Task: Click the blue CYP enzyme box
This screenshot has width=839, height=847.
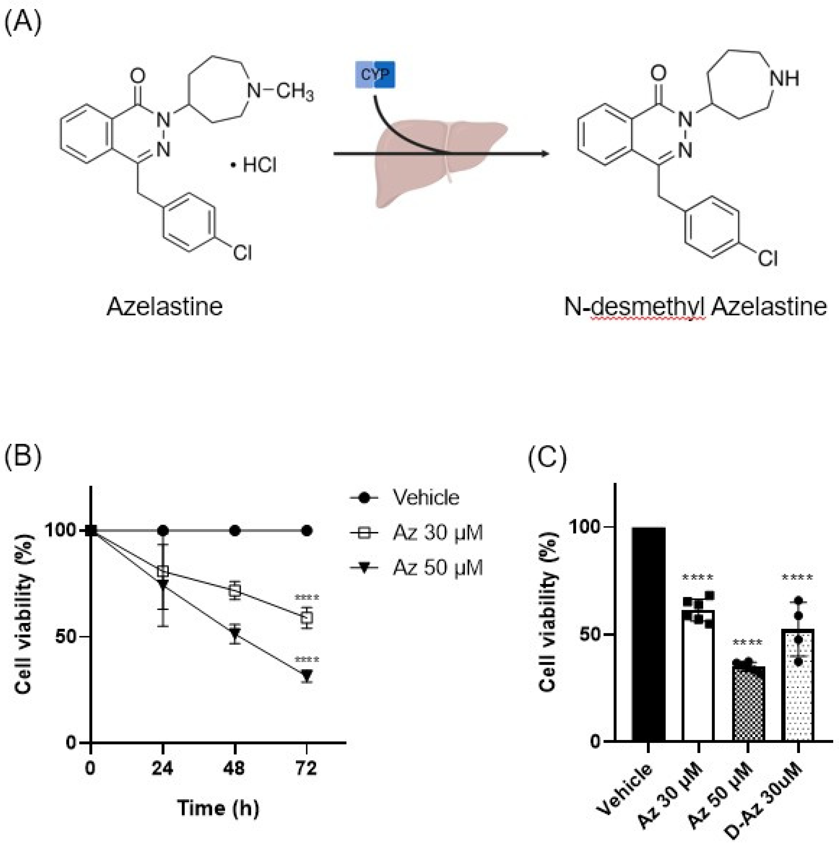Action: tap(375, 74)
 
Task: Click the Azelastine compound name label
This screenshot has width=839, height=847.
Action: tap(164, 307)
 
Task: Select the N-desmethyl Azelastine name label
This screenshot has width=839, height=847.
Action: tap(695, 307)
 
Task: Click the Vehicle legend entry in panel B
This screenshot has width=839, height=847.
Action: tap(425, 498)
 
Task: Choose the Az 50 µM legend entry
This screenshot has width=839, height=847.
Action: tap(437, 568)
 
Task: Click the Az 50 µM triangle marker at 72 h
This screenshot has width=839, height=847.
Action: tap(307, 675)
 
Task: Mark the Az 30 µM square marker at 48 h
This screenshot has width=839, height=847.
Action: tap(235, 591)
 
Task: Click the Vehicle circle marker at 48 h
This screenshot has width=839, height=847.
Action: tap(235, 531)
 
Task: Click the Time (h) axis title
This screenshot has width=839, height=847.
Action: tap(218, 808)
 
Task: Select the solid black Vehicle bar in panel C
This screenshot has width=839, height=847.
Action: tap(648, 636)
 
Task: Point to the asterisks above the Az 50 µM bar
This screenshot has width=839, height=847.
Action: tap(747, 643)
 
